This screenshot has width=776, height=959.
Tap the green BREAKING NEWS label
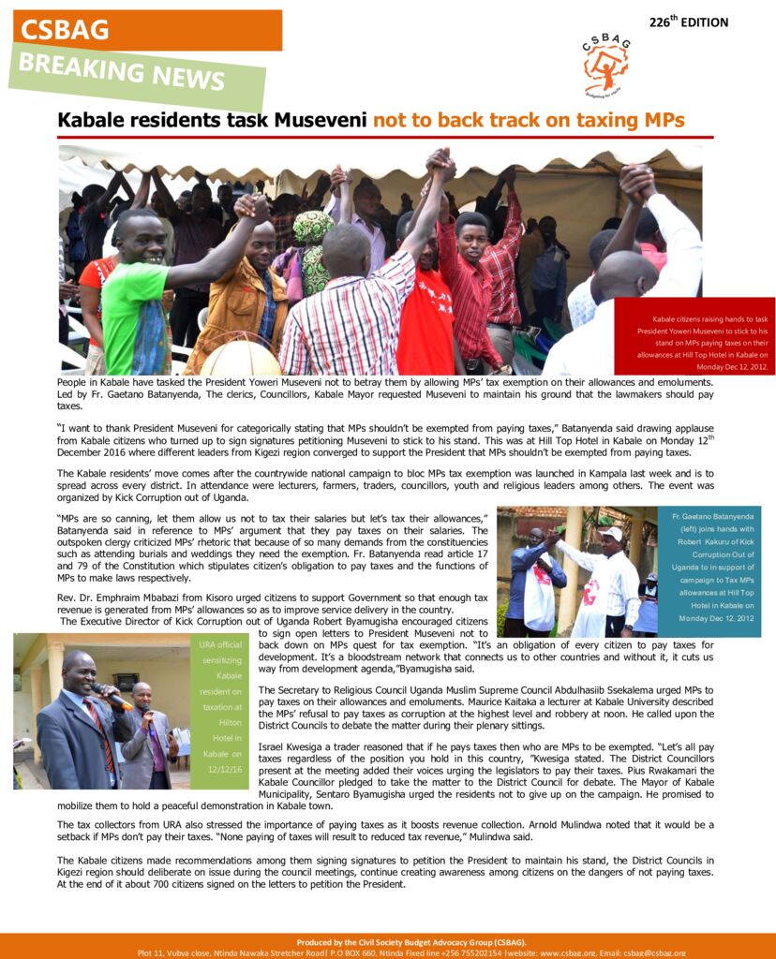pyautogui.click(x=136, y=76)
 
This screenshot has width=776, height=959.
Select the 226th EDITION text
pyautogui.click(x=688, y=22)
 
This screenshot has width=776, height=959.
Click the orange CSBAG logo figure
pyautogui.click(x=605, y=66)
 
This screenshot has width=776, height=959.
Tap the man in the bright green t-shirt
pyautogui.click(x=135, y=300)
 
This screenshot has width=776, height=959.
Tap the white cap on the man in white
pyautogui.click(x=611, y=533)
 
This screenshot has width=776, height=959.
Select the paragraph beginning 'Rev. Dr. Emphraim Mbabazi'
pyautogui.click(x=272, y=603)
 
